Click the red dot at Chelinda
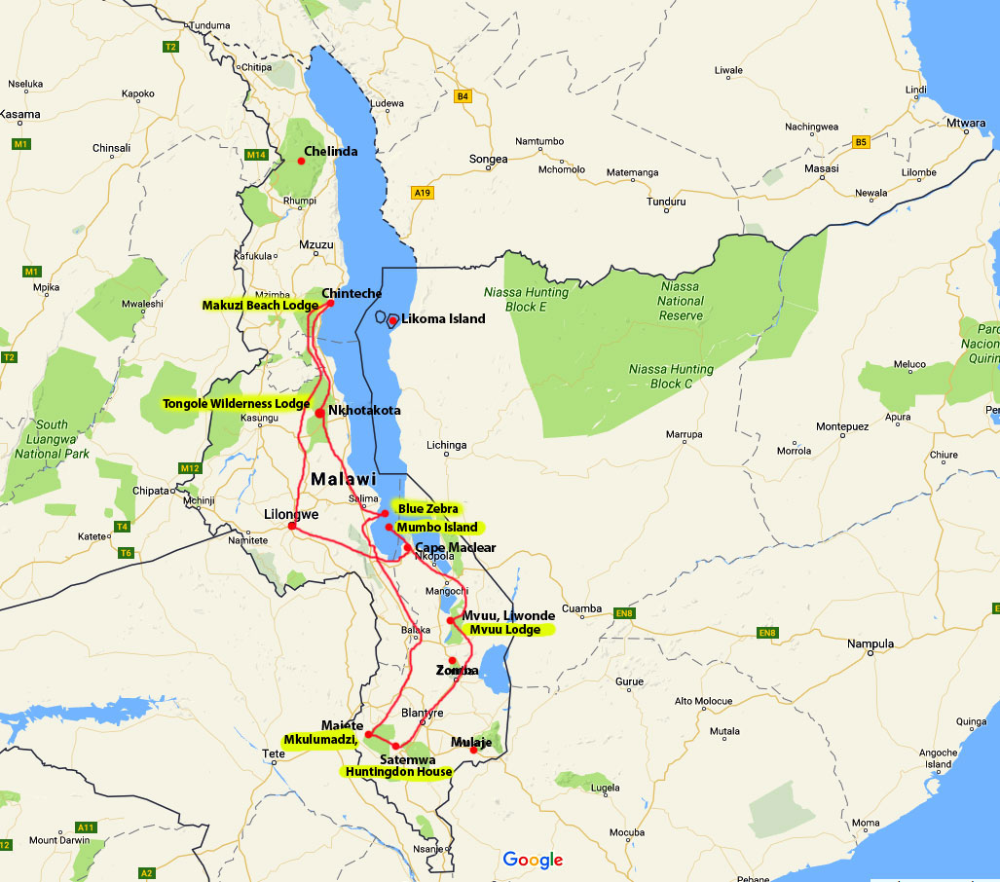[x=301, y=162]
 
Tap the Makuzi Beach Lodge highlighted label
[x=260, y=306]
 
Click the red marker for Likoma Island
[x=392, y=320]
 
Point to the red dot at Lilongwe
[x=292, y=527]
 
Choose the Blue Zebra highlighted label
[x=426, y=508]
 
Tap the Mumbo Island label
[x=436, y=528]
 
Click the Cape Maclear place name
[x=455, y=548]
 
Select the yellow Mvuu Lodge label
[x=505, y=630]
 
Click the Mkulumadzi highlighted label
[x=320, y=741]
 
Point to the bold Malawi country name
[x=343, y=480]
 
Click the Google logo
[x=533, y=860]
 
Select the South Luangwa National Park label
[x=53, y=439]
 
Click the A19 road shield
[x=422, y=193]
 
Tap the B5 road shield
[x=860, y=142]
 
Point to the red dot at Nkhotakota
[x=320, y=413]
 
